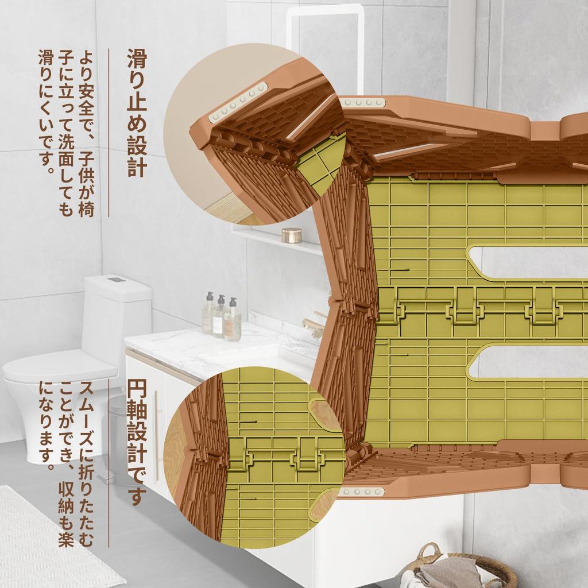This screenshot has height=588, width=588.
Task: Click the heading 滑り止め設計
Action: click(x=137, y=113)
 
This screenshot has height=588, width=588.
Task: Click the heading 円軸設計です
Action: click(x=137, y=443)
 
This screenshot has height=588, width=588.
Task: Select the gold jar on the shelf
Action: click(x=291, y=235)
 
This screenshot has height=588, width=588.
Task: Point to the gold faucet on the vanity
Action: click(x=313, y=323)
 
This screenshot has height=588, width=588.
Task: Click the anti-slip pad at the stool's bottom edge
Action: click(x=362, y=492)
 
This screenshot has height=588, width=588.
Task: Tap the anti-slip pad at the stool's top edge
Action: click(x=363, y=102)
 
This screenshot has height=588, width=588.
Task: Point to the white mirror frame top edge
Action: click(x=325, y=8)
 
